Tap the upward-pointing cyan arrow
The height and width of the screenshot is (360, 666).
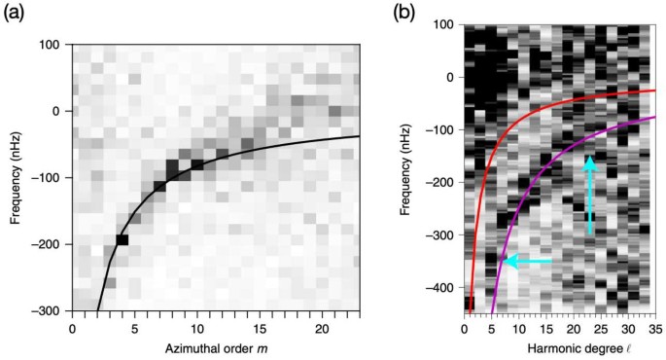589,195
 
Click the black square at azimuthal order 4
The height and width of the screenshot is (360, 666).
123,239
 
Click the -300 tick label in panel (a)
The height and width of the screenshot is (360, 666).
51,310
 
